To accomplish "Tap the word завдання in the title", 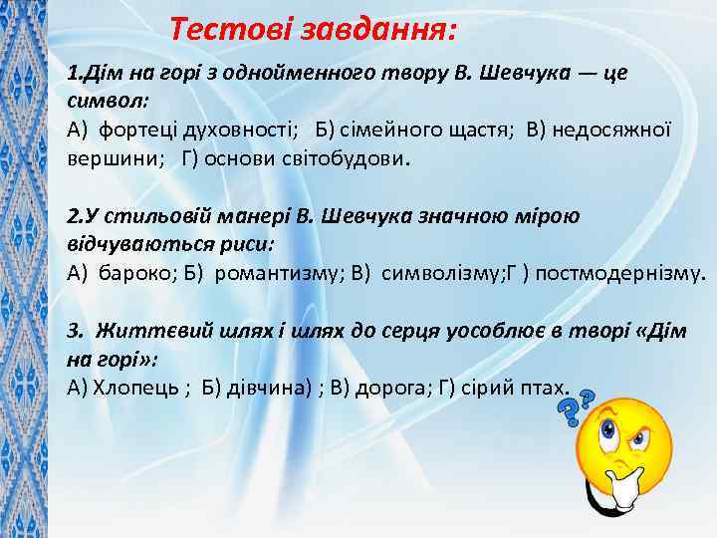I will tap(377, 30).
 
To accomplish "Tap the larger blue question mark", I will tap(569, 409).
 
